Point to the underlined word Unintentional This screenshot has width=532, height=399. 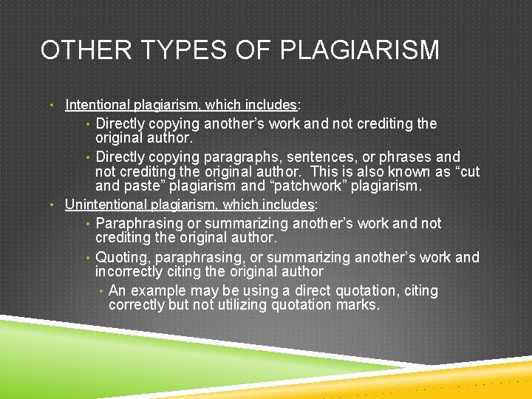coord(104,204)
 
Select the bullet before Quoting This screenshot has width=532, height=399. coord(88,257)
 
